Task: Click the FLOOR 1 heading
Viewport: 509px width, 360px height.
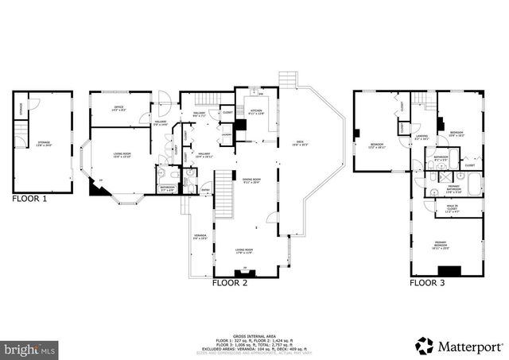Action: pyautogui.click(x=29, y=199)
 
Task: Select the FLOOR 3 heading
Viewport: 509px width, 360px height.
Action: pyautogui.click(x=428, y=282)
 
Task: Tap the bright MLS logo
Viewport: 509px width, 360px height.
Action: pyautogui.click(x=30, y=348)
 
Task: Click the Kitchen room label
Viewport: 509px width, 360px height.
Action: pyautogui.click(x=256, y=112)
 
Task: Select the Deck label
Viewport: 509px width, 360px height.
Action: pyautogui.click(x=299, y=143)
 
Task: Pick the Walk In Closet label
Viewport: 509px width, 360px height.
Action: pyautogui.click(x=451, y=210)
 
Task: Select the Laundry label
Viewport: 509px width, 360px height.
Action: pyautogui.click(x=227, y=134)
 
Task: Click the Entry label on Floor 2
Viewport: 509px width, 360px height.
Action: pyautogui.click(x=205, y=190)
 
